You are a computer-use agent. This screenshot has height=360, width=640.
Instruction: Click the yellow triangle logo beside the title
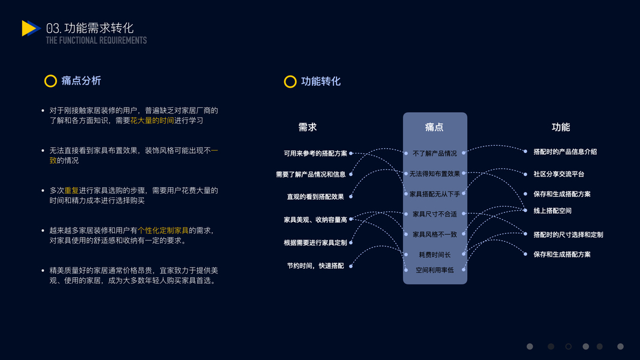tap(30, 28)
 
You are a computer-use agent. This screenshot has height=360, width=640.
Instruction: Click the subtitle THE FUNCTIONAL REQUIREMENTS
tap(96, 40)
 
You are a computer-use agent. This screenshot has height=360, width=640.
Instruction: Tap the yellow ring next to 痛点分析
tap(50, 81)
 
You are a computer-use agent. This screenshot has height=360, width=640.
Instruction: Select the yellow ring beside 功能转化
tap(290, 82)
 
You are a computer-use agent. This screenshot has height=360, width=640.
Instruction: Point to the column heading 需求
tap(307, 127)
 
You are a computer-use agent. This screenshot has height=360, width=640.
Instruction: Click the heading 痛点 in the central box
tap(434, 127)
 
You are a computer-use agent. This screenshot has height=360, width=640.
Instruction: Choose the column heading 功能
tap(561, 127)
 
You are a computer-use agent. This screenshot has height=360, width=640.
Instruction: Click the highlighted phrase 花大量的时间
tap(152, 121)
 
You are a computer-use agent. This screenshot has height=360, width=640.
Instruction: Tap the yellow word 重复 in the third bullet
tap(71, 191)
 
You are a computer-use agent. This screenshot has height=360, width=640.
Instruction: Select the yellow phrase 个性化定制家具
tap(163, 230)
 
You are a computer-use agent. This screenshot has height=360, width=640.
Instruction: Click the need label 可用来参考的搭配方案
tap(315, 154)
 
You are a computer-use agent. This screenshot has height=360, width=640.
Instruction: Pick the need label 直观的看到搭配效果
tap(316, 197)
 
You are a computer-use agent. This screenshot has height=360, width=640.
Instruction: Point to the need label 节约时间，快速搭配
tap(316, 266)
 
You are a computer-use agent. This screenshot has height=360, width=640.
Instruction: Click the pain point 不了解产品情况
tap(435, 154)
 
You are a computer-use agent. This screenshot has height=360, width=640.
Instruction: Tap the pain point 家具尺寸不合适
tap(435, 214)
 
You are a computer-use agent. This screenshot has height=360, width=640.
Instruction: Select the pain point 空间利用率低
tap(435, 270)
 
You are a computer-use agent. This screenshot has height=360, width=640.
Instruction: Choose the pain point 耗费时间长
tap(435, 255)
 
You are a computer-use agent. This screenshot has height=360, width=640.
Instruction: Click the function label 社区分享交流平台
tap(558, 174)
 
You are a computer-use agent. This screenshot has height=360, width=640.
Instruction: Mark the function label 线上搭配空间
tap(552, 211)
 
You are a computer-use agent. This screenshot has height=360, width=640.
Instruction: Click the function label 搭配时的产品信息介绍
tap(565, 152)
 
